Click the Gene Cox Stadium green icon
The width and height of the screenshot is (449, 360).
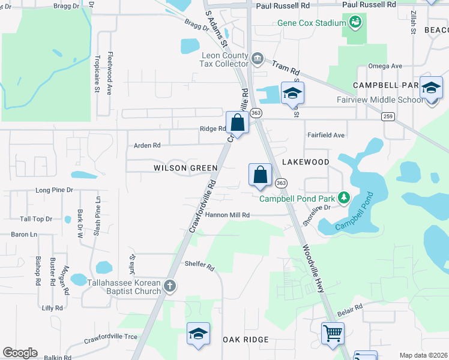[355, 23]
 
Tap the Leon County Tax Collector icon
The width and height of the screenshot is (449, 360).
[258, 58]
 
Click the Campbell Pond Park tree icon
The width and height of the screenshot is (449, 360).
[343, 197]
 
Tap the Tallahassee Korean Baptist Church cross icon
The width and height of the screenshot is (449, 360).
[170, 286]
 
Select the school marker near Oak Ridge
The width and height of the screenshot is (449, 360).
[198, 334]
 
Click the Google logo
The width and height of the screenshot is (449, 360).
[20, 353]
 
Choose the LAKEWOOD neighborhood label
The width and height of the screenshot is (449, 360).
[306, 162]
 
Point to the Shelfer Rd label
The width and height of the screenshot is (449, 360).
[199, 264]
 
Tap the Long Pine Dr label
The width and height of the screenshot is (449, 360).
[54, 190]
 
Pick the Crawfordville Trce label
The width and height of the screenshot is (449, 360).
[110, 337]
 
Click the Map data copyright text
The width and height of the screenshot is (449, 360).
[423, 355]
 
